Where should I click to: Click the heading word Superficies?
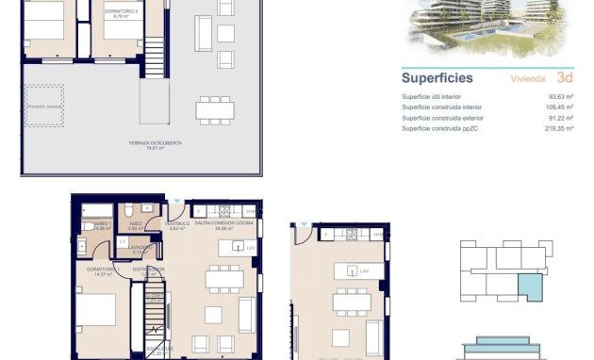pos(437,78)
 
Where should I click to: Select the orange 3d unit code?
pos(565,78)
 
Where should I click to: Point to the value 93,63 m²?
pos(563,96)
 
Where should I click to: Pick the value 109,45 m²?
pos(562,106)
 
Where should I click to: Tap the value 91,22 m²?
pos(563,118)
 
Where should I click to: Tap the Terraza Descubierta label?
pos(156,143)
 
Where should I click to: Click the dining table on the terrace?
pos(215,109)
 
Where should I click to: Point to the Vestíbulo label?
pos(175,224)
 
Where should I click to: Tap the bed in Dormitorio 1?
pos(97,316)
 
